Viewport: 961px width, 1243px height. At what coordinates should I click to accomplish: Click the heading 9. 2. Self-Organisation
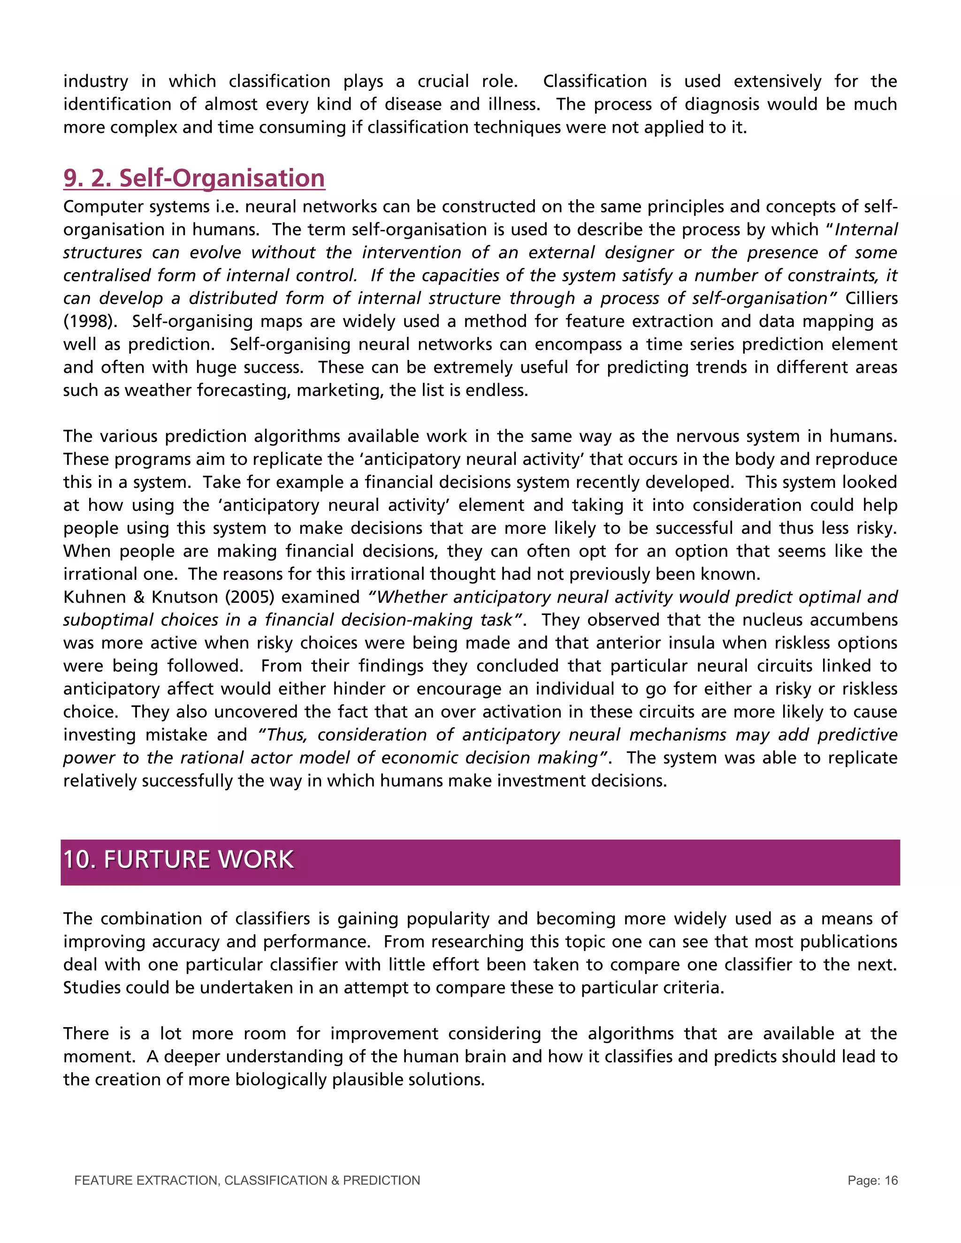[194, 178]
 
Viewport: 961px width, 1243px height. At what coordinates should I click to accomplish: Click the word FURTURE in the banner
[155, 860]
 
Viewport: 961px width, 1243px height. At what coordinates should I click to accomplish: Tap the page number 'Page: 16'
[872, 1181]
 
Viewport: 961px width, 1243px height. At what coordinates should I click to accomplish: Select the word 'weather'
[159, 390]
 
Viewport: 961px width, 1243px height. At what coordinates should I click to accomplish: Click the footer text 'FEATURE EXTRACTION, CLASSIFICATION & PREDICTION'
[247, 1181]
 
